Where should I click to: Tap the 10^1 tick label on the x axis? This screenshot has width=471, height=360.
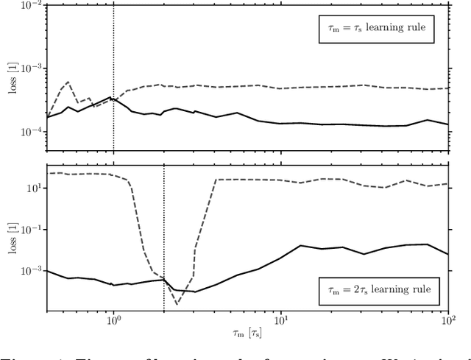281,322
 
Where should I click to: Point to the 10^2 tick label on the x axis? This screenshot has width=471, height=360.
448,322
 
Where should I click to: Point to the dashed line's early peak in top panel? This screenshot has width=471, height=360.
68,82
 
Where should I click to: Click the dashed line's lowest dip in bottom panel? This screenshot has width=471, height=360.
177,303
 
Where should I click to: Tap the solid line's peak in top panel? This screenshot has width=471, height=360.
110,97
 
